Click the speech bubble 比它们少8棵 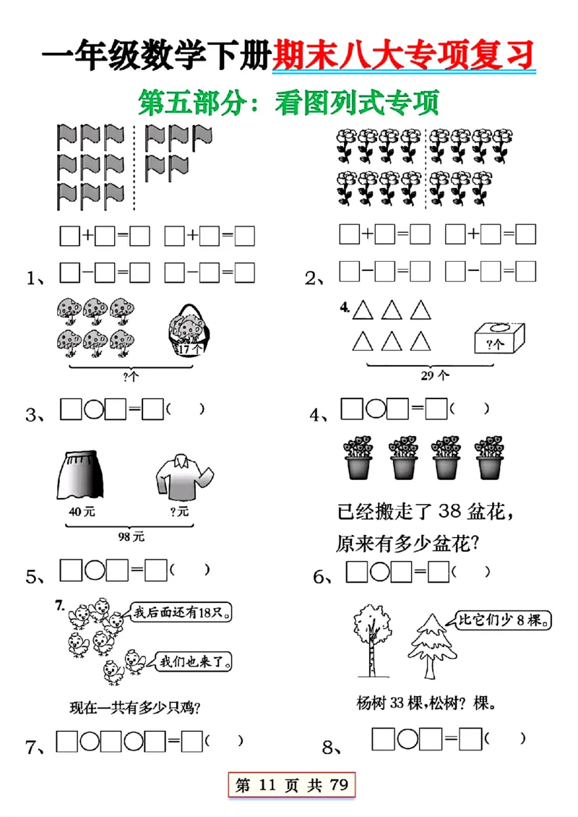tap(504, 620)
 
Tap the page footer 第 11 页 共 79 tap(290, 786)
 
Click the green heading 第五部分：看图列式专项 tap(289, 102)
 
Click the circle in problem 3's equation tap(94, 411)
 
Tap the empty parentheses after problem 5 tap(191, 570)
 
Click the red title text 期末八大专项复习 tap(405, 54)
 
